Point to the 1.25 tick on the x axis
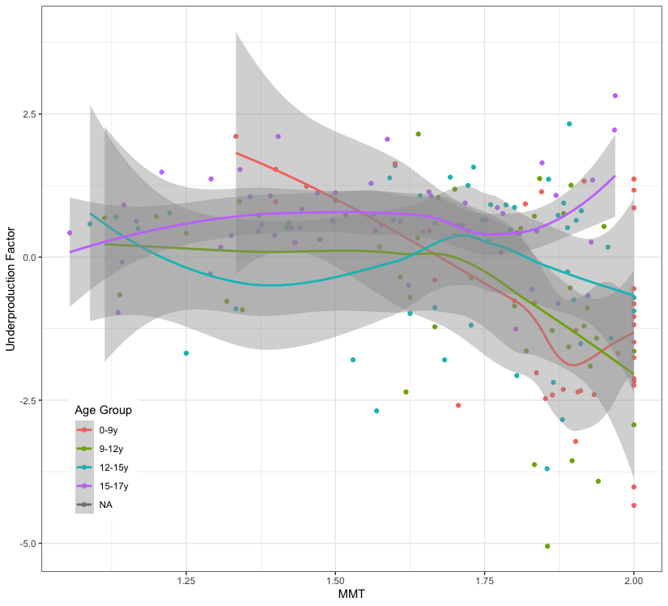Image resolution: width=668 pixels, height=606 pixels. pos(186,581)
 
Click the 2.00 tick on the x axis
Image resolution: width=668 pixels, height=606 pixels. pos(634,581)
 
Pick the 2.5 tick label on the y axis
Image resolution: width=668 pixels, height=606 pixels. pos(26,114)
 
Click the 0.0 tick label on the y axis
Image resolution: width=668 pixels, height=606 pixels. pos(26,257)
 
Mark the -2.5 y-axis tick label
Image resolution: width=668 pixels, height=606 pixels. pos(24,400)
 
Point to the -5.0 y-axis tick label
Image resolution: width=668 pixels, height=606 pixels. pos(24,543)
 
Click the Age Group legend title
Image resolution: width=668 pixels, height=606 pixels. pos(103,411)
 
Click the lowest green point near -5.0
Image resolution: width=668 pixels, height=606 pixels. pos(547,546)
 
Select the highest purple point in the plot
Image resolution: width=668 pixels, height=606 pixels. pos(615,96)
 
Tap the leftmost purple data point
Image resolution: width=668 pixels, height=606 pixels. pos(70,233)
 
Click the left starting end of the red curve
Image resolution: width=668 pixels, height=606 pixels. pos(236,152)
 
